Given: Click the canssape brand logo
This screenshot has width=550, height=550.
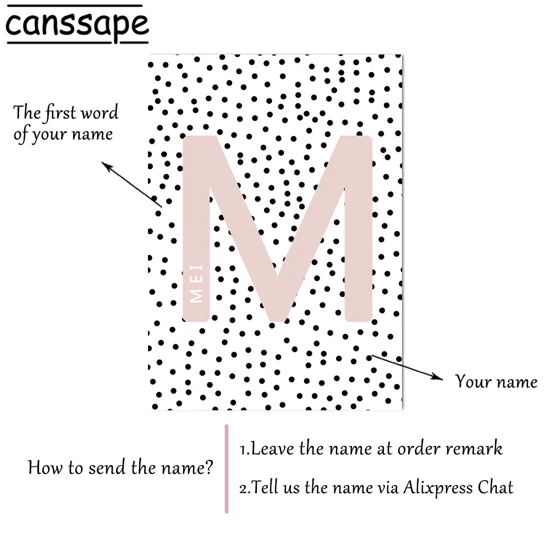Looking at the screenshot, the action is (78, 25).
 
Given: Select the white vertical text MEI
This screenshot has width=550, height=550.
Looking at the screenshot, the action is (196, 284).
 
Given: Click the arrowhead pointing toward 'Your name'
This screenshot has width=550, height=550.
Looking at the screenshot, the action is (437, 377).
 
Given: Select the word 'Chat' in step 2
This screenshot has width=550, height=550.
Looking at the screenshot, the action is (496, 487).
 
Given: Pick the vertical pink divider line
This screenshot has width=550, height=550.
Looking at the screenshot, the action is (226, 468).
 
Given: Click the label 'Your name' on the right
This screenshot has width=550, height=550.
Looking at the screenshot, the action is (496, 381).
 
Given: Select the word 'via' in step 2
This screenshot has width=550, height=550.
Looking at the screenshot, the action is (384, 487).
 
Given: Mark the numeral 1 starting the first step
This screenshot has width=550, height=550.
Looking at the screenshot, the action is (243, 449).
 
